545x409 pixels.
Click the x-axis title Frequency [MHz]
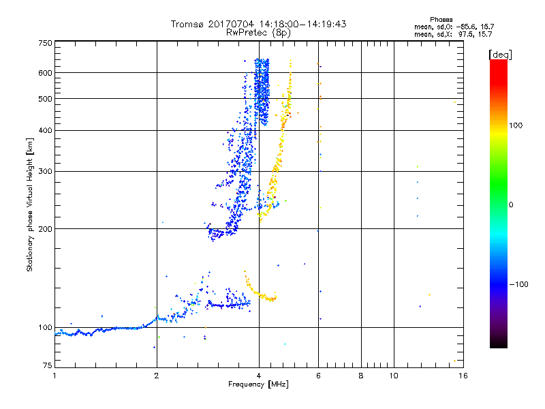pyautogui.click(x=258, y=385)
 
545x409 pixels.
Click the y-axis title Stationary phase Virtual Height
pyautogui.click(x=30, y=205)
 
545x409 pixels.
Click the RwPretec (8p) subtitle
pyautogui.click(x=258, y=32)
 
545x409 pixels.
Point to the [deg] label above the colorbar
pyautogui.click(x=500, y=54)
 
